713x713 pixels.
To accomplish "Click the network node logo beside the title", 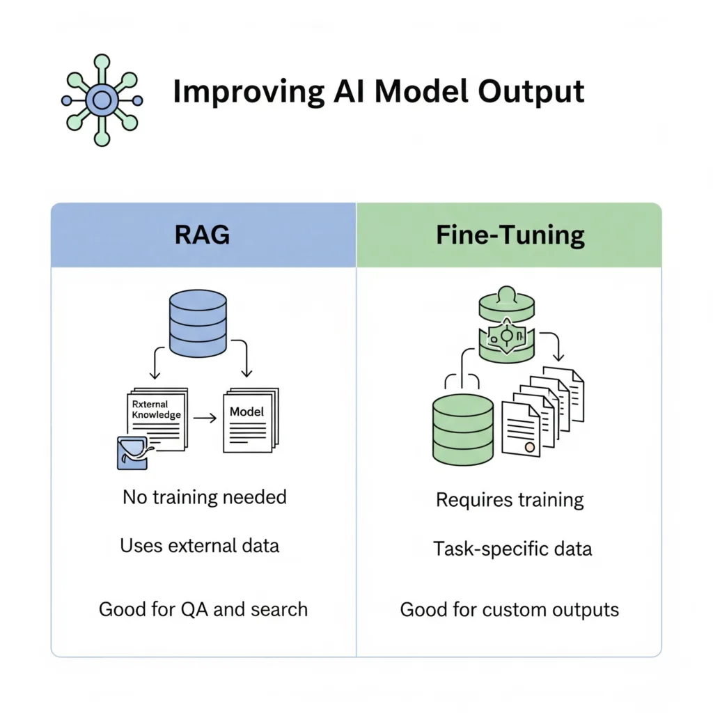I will tap(102, 100).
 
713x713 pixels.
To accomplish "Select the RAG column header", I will tap(203, 235).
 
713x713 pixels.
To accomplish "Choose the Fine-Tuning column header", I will tap(510, 235).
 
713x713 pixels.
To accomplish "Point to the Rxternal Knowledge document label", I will tap(156, 409).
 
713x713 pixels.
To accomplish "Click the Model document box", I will tap(247, 418).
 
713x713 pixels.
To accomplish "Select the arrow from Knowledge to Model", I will tap(203, 418).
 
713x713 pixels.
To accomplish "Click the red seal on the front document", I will tap(531, 446).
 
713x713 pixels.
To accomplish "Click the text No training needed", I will tap(204, 497).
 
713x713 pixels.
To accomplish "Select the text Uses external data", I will tap(200, 545).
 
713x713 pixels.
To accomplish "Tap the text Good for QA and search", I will tap(203, 610).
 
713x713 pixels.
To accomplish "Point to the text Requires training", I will tap(510, 500).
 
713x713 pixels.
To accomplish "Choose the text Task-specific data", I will tap(512, 549).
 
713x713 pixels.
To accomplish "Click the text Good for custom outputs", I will tap(509, 611).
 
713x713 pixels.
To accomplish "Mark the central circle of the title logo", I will tap(102, 100).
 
